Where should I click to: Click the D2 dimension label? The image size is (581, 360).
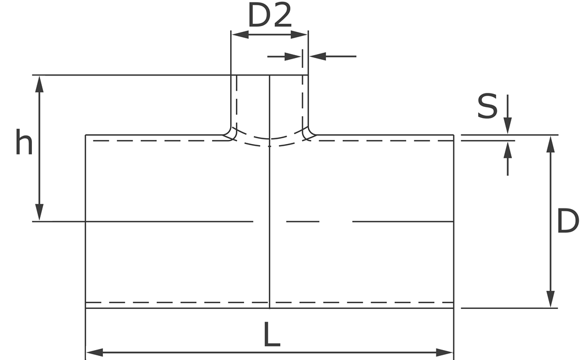pyautogui.click(x=269, y=16)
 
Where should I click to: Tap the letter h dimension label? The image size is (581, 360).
pyautogui.click(x=24, y=143)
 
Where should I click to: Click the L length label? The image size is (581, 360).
pyautogui.click(x=271, y=335)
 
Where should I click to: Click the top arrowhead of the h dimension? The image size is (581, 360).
pyautogui.click(x=40, y=83)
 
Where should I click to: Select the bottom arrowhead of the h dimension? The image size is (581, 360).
pyautogui.click(x=40, y=213)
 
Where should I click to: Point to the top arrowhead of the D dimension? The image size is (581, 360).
pyautogui.click(x=551, y=143)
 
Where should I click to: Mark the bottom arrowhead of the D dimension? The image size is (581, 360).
pyautogui.click(x=551, y=300)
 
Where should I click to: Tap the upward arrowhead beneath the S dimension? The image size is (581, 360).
pyautogui.click(x=508, y=149)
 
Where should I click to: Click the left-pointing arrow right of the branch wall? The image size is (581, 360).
pyautogui.click(x=317, y=56)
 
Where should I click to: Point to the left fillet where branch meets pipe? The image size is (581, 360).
pyautogui.click(x=228, y=134)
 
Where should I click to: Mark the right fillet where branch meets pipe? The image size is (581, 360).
pyautogui.click(x=310, y=134)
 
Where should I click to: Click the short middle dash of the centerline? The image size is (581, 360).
pyautogui.click(x=303, y=221)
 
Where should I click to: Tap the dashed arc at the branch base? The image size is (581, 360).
pyautogui.click(x=270, y=142)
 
